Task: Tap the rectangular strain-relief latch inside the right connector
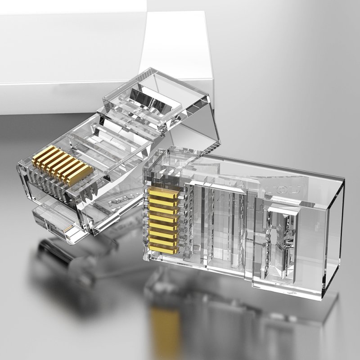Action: (281, 229)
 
